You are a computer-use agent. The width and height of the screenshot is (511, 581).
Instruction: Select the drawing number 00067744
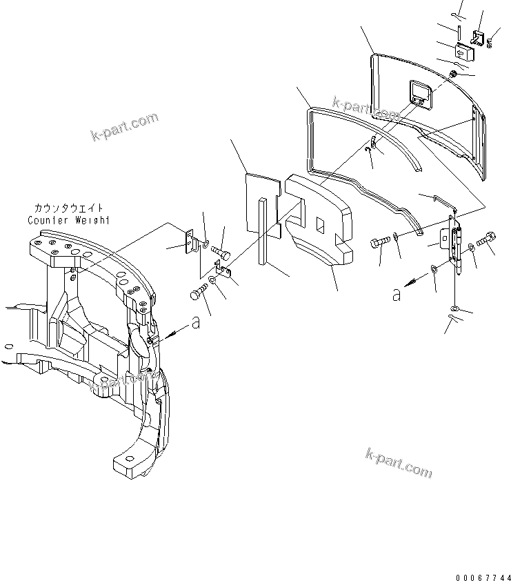point(483,574)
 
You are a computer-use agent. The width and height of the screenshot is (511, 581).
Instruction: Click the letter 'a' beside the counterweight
point(196,323)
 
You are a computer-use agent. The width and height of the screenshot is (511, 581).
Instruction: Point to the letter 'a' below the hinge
point(396,295)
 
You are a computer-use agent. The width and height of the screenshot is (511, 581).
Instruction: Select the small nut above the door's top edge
point(452,75)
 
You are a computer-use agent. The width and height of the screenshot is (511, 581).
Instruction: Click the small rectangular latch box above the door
point(462,50)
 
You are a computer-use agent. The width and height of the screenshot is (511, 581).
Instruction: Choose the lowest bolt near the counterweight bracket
point(198,295)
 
